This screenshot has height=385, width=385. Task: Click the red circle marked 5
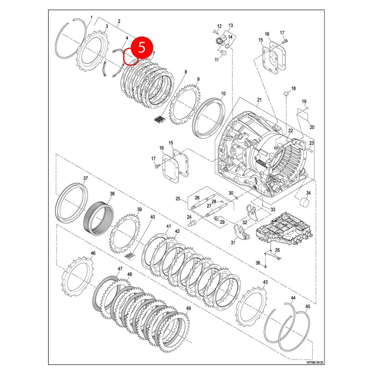pos(142,47)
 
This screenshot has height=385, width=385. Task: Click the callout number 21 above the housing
pos(259,100)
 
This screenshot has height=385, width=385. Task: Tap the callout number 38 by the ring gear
pos(112,194)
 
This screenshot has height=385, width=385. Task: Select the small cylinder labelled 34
pos(305,202)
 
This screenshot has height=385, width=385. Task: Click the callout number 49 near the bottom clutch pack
pos(188,308)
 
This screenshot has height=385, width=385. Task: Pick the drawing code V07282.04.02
pos(315,362)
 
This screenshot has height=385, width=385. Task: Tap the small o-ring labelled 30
pos(236,198)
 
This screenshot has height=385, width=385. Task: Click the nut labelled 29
pos(217,218)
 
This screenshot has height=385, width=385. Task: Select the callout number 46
pos(93,253)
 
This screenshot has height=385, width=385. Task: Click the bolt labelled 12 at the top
pos(215,32)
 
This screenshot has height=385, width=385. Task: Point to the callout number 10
pos(223,94)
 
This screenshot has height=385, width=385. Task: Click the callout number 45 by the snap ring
pos(308,306)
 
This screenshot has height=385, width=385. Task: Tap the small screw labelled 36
pos(266,266)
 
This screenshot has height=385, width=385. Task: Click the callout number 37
pos(85,178)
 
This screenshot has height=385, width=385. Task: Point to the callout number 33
pos(273,210)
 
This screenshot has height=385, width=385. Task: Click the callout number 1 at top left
pos(92,18)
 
